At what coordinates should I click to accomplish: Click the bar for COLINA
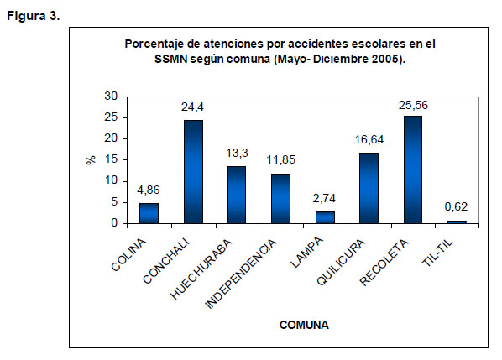tap(149, 213)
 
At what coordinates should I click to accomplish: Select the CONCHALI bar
tap(193, 172)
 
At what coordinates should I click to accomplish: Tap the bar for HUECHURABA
tap(237, 195)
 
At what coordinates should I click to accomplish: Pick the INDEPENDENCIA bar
tap(280, 199)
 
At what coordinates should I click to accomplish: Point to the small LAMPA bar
tap(325, 217)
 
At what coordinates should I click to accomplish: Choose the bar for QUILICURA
tap(369, 188)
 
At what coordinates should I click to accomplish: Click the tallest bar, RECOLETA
tap(413, 170)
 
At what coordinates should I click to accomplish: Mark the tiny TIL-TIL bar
tap(457, 222)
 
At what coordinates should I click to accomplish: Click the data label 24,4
tap(192, 107)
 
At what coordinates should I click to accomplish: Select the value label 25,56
tap(413, 105)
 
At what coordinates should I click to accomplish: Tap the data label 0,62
tap(456, 207)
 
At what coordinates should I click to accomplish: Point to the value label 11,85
tap(280, 160)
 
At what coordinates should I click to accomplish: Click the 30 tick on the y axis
tap(111, 96)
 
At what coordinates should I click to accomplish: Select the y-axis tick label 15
tap(111, 159)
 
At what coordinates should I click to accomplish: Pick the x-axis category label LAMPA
tap(307, 253)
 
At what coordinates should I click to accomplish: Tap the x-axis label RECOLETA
tap(384, 263)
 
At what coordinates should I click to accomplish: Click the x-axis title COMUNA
tap(304, 325)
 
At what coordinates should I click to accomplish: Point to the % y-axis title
tap(92, 159)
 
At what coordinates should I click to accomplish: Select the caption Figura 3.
tap(34, 16)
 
